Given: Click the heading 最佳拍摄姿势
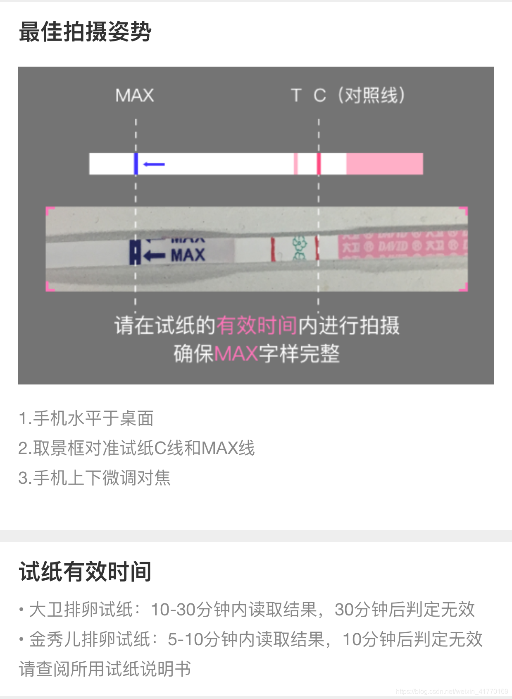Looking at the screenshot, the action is click(85, 31).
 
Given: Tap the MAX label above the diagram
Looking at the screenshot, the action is click(134, 96).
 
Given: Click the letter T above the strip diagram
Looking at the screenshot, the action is click(295, 96).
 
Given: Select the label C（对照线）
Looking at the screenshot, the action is click(359, 96).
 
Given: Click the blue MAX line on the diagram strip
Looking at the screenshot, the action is click(136, 164).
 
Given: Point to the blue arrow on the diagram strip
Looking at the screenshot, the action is click(154, 164).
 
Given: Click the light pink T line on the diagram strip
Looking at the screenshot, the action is click(295, 164).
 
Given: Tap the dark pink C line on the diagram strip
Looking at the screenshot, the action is click(319, 164).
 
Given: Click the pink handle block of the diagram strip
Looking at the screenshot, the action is click(384, 164).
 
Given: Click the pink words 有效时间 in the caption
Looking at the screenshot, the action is click(257, 325).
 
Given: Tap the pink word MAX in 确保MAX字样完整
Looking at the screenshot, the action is click(236, 354).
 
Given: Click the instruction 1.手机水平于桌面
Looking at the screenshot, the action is click(86, 418).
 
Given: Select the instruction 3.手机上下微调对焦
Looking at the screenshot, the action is click(94, 478).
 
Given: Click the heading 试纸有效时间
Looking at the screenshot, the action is click(85, 572).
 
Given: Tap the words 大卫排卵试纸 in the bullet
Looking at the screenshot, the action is click(81, 610).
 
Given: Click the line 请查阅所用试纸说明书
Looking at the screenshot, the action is click(105, 669).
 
